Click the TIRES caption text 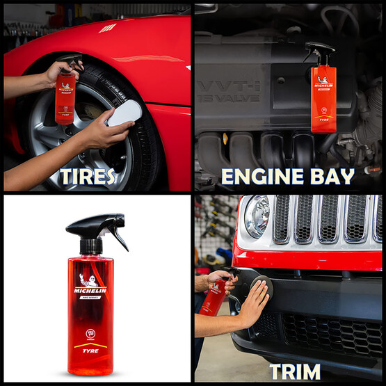87,176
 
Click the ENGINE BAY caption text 287,176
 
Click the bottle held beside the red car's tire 66,97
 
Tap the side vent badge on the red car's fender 106,29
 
